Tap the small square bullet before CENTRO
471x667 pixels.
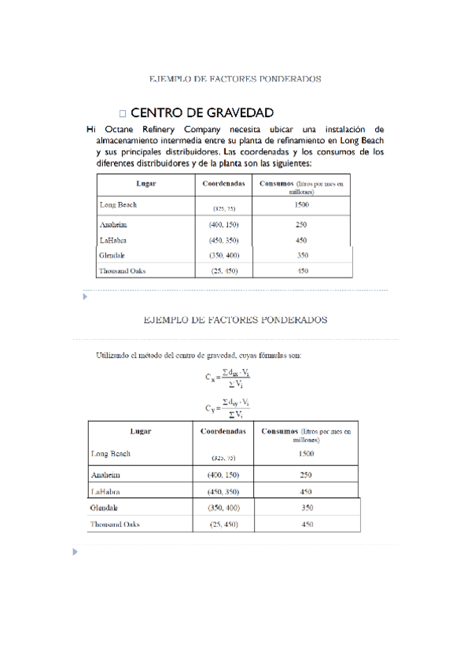[123, 114]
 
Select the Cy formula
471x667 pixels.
[228, 407]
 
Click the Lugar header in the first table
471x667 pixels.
[145, 184]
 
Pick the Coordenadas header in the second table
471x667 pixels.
[223, 432]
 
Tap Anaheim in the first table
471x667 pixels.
[114, 225]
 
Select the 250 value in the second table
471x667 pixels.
[307, 475]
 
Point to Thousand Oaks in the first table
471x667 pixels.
[122, 271]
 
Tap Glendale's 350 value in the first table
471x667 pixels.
[302, 256]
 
